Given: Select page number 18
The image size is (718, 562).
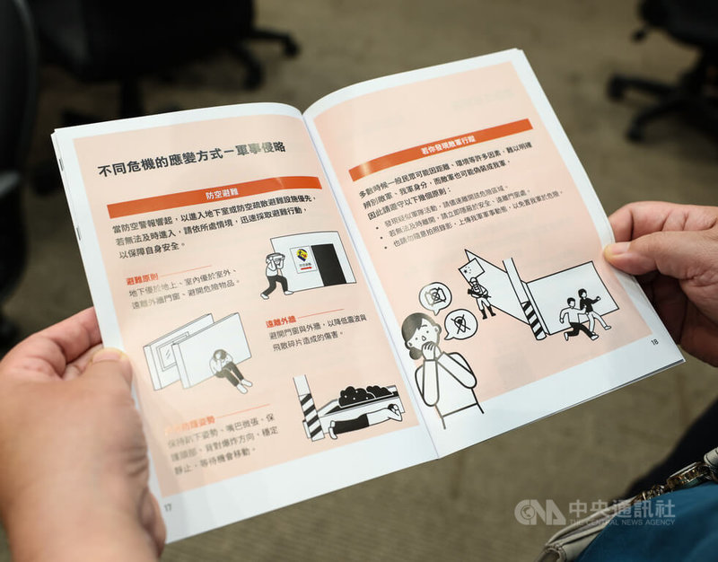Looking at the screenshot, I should click(x=654, y=341).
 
